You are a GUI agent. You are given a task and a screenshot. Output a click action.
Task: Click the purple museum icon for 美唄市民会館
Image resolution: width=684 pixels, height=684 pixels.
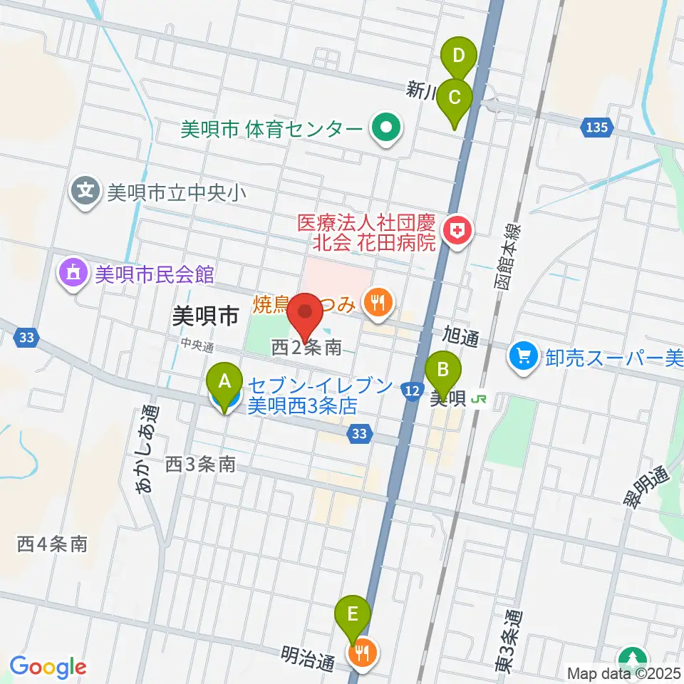coord(73,273)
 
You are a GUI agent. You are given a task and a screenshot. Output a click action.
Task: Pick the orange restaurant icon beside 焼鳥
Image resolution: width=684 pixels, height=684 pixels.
coord(378,304)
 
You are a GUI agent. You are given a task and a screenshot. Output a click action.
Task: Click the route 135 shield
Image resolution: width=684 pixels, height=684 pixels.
coord(598,127)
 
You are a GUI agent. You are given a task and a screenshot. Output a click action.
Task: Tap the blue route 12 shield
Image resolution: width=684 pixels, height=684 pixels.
coord(411,389)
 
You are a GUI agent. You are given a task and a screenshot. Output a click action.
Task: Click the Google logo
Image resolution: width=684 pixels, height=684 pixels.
coord(48,667)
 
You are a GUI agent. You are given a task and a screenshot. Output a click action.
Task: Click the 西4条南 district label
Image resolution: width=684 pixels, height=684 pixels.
coord(52,545)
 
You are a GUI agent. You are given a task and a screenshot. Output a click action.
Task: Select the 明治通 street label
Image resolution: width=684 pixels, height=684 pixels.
coord(308,658)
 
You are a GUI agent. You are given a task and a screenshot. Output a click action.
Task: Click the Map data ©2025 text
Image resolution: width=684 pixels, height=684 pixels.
coord(623,672)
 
